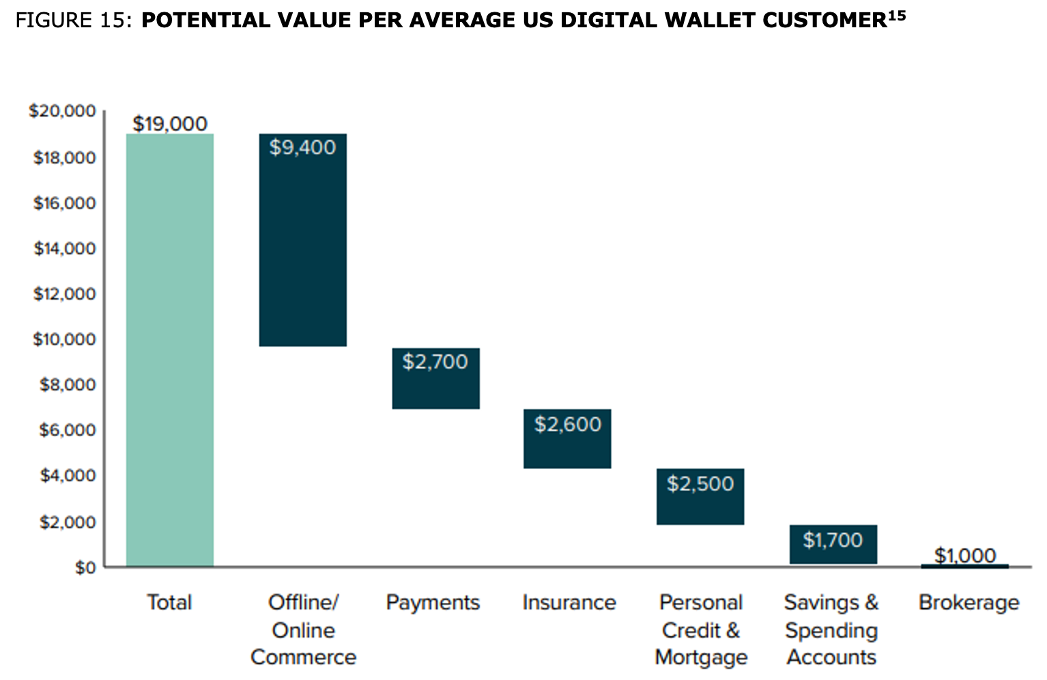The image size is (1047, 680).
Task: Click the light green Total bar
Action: (x=169, y=350)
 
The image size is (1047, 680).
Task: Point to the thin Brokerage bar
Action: (x=964, y=566)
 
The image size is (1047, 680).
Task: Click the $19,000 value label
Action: (x=170, y=124)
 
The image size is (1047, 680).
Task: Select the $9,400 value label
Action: (x=302, y=147)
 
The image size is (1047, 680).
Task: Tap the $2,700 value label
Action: (x=435, y=361)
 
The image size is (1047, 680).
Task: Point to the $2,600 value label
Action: (x=568, y=424)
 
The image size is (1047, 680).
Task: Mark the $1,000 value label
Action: (x=965, y=555)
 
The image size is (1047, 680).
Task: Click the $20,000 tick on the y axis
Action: (x=62, y=111)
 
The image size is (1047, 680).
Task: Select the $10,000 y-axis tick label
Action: (x=64, y=339)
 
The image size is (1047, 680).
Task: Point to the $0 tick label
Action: (x=85, y=567)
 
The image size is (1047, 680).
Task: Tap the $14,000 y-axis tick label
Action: (x=64, y=249)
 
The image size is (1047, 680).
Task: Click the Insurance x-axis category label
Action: (x=569, y=602)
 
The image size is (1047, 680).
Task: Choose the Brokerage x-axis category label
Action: (x=969, y=602)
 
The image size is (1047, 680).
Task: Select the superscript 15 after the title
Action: (x=897, y=15)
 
